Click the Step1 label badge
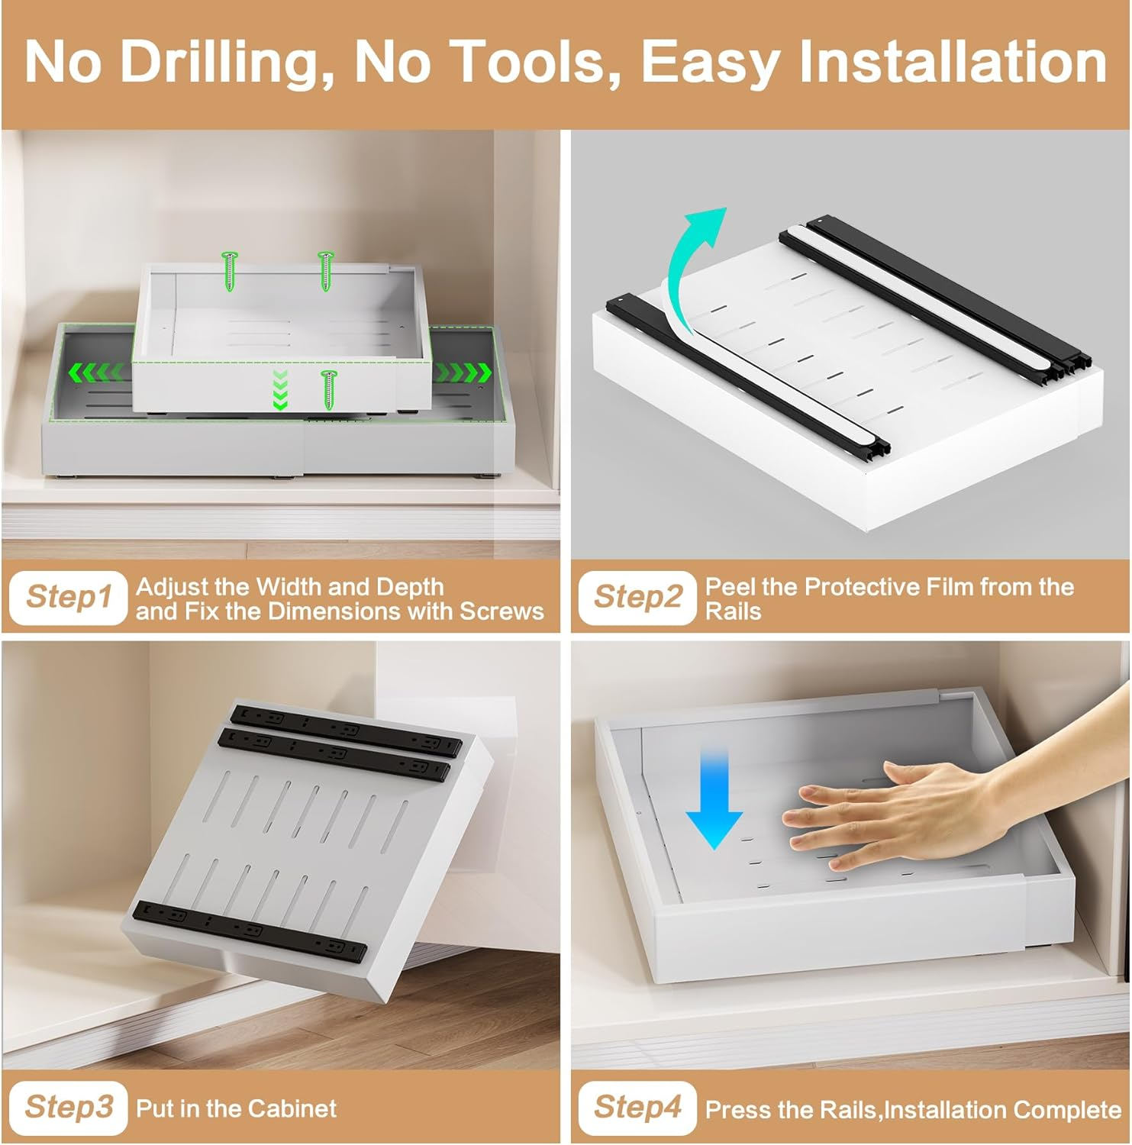(x=68, y=597)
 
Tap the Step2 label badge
(x=637, y=597)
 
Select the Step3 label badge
(x=68, y=1107)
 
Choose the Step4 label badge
(x=637, y=1107)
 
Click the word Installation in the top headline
(x=953, y=63)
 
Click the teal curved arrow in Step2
(x=691, y=267)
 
